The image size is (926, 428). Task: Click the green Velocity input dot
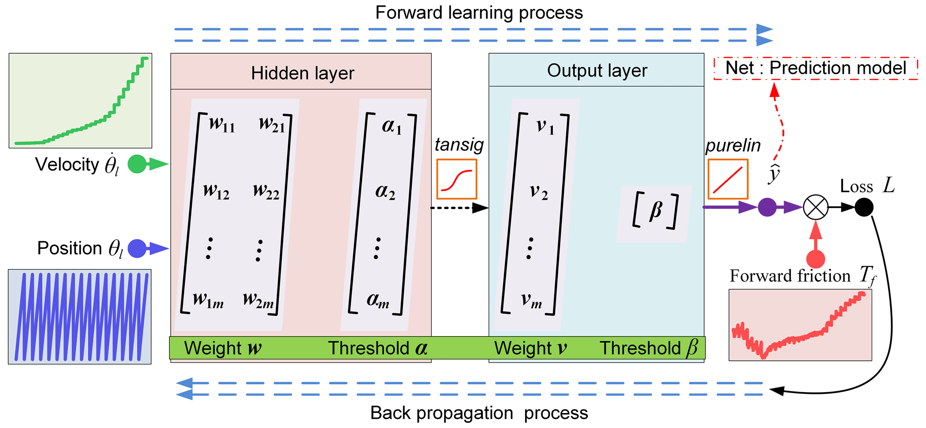tap(137, 164)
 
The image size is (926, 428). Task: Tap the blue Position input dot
tap(137, 248)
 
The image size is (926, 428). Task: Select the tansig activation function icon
tap(457, 179)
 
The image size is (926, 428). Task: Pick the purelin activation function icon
tap(728, 179)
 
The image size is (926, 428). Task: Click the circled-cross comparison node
tap(815, 208)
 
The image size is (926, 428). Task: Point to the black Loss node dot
tap(864, 207)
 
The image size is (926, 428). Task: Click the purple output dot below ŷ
tap(767, 208)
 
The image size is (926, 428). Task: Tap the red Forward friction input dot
tap(815, 259)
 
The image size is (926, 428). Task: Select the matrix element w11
tap(222, 124)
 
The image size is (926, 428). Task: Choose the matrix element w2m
tap(258, 300)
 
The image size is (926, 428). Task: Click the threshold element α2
tap(385, 192)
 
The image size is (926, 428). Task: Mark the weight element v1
tap(545, 127)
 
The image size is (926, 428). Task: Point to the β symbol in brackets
tap(655, 210)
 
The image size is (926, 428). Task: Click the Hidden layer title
tap(302, 73)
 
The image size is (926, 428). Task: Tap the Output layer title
tap(597, 70)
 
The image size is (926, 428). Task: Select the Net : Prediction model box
tap(815, 68)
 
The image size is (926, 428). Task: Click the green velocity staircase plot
tap(81, 101)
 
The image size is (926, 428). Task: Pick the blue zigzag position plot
tap(80, 317)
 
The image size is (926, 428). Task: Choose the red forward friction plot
tap(800, 325)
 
